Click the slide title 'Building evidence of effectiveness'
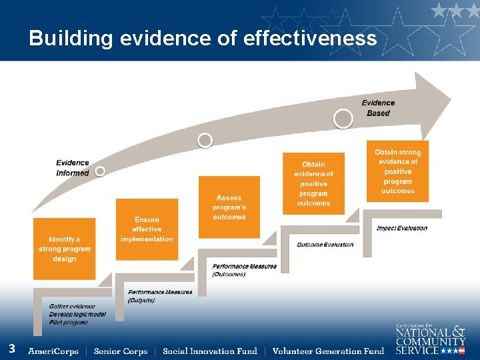click(203, 39)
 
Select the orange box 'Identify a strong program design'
click(65, 249)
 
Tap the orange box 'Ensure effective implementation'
click(147, 229)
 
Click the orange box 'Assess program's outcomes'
click(229, 207)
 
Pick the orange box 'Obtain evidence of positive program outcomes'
click(313, 183)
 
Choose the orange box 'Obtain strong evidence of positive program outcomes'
click(398, 171)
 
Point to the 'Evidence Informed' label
click(73, 168)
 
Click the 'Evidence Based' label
click(378, 108)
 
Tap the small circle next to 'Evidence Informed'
click(100, 171)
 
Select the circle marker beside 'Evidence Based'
click(343, 119)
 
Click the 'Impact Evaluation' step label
click(402, 228)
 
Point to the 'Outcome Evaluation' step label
click(325, 245)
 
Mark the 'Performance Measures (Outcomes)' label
click(245, 270)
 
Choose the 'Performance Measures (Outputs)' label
click(160, 296)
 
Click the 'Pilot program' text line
click(69, 322)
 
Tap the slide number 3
click(12, 348)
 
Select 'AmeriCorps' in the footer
click(53, 351)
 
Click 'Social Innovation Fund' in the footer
click(210, 351)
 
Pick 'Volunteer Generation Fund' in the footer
click(329, 351)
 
